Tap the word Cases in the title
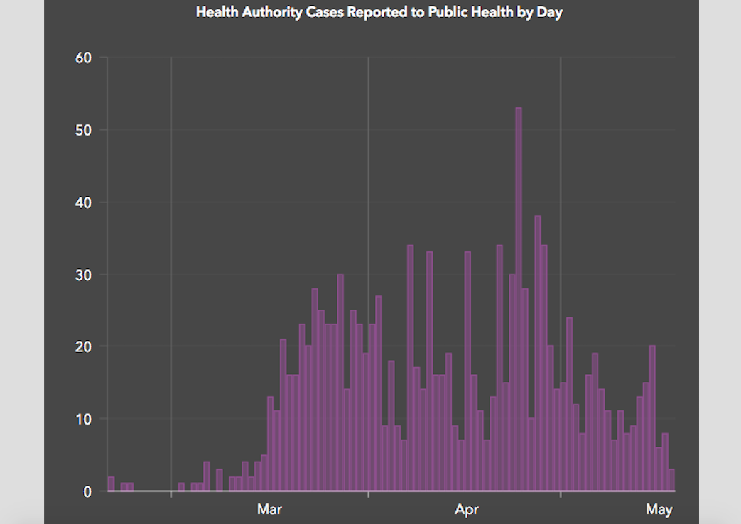320,13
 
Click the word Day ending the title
550,13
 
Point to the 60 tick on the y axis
84,58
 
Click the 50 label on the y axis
84,130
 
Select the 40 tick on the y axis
84,202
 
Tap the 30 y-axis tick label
84,275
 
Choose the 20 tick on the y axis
84,347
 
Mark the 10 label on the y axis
84,419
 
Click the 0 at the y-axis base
87,491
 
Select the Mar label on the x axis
269,509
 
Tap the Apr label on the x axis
467,509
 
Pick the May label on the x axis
659,509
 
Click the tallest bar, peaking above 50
519,298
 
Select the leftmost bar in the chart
111,484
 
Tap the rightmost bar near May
671,480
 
